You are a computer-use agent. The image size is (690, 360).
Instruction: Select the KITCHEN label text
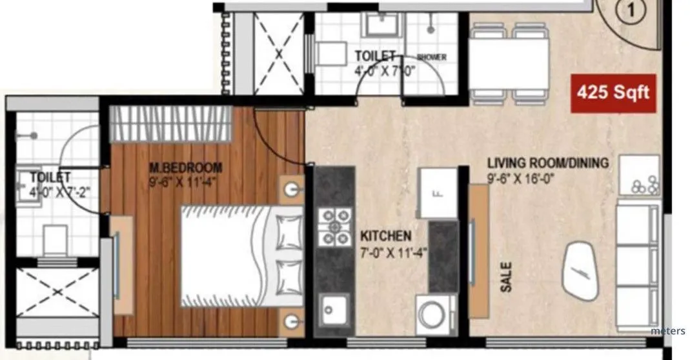tap(385, 237)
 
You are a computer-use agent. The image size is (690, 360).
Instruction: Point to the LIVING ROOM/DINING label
tap(547, 163)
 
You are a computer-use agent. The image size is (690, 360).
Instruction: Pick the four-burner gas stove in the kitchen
tap(334, 228)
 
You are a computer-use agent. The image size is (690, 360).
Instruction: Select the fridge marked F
tap(438, 192)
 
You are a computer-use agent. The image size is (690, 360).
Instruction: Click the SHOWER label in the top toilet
tap(431, 57)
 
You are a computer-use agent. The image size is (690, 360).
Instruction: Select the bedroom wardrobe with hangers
tap(170, 123)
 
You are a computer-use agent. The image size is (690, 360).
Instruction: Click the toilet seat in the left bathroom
tap(56, 238)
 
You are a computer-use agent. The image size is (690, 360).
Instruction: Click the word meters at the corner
tap(668, 331)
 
